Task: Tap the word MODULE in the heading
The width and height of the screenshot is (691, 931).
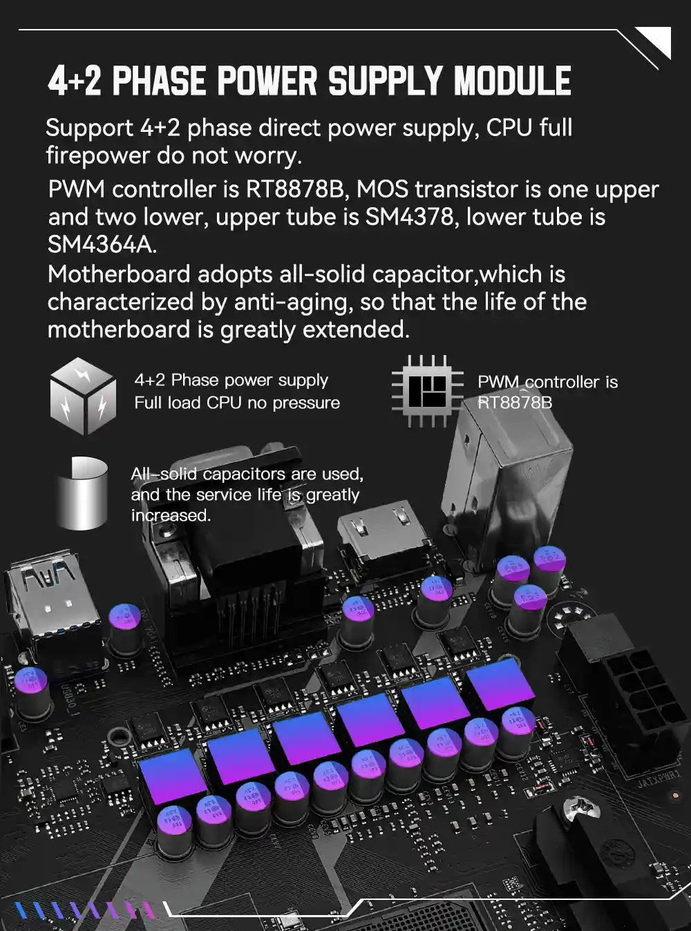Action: [512, 81]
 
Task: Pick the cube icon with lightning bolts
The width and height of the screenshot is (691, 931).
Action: [83, 396]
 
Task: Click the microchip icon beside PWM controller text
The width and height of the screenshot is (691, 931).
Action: [427, 391]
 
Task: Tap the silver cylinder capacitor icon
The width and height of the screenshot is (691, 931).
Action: [82, 492]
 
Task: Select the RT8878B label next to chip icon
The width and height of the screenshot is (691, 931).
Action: [515, 402]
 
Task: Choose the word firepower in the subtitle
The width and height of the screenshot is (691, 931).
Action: [97, 155]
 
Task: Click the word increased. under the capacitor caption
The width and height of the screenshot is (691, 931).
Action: [171, 515]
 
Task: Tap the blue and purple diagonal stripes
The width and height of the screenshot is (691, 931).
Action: [86, 910]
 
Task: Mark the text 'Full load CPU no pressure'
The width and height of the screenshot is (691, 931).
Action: [237, 403]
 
